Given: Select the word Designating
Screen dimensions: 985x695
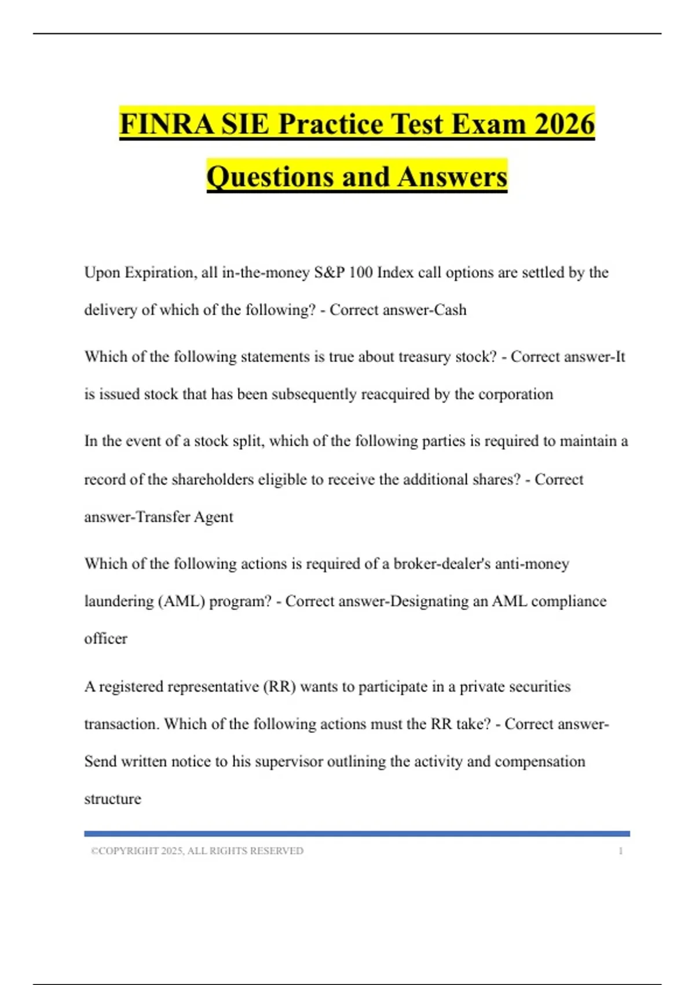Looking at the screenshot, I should (429, 601).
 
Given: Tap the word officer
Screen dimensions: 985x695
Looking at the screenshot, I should (105, 639).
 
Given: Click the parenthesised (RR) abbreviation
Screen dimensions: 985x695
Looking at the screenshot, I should (279, 687).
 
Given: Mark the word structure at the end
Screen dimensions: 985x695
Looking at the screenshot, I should (112, 799).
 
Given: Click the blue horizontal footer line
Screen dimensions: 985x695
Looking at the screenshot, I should (357, 834).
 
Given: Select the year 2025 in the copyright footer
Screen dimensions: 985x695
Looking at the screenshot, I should (172, 851).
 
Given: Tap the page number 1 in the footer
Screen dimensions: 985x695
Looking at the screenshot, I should (621, 851).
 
